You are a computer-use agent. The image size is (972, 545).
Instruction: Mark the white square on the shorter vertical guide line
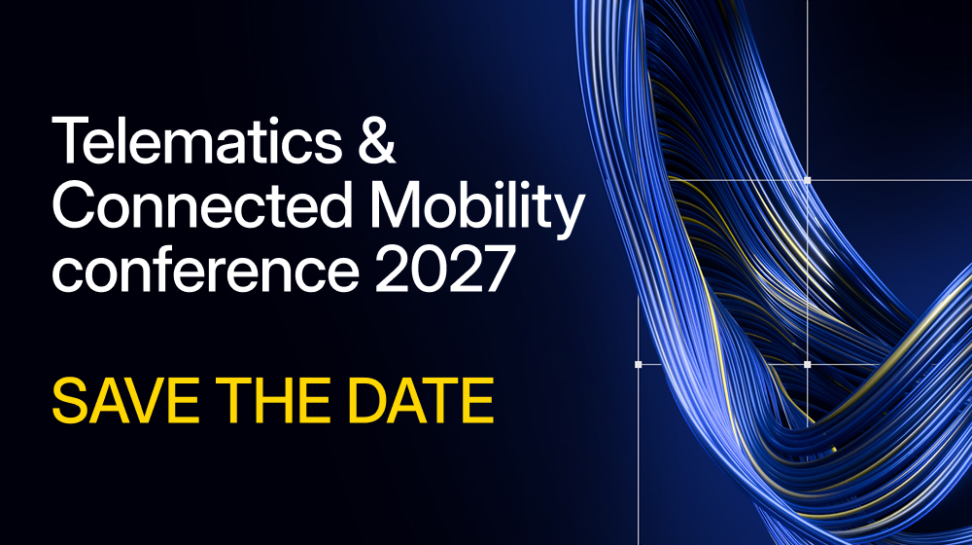coord(639,364)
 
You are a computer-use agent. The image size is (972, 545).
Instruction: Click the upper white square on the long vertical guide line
coord(808,180)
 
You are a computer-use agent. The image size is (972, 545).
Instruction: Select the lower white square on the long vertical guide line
coord(808,364)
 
